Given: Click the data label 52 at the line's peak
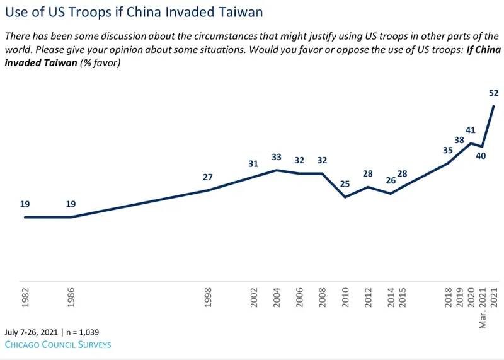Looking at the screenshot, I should click(x=493, y=93).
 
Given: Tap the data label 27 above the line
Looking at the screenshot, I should click(x=208, y=177).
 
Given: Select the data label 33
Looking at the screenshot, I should click(x=277, y=158).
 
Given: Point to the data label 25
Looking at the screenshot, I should click(x=345, y=183).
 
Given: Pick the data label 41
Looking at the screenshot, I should click(x=470, y=131).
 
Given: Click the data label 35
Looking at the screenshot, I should click(x=447, y=150).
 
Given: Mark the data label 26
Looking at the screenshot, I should click(x=391, y=181).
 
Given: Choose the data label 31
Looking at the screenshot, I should click(x=254, y=164).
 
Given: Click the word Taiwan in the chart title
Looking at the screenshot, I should click(x=241, y=12).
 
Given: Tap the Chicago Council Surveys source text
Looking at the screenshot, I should click(x=58, y=345).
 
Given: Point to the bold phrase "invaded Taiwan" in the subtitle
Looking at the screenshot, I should click(x=38, y=63).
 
